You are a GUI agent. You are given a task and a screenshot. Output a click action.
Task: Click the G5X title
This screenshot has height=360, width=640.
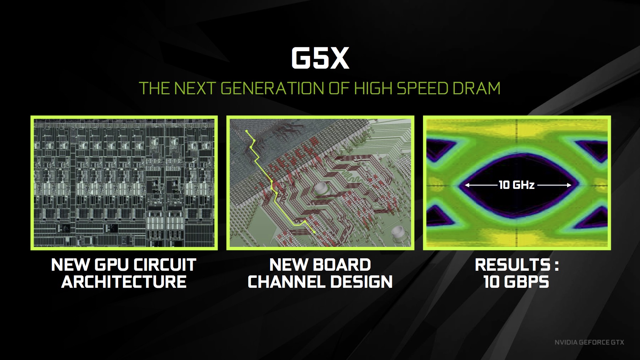320,58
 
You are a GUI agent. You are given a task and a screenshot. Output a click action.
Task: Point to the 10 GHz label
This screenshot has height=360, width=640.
516,185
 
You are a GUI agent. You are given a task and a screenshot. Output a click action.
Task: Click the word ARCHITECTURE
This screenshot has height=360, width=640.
124,282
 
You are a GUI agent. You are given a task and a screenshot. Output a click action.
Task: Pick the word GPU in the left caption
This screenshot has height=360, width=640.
112,265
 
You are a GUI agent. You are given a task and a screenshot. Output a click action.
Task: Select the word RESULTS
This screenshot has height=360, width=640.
512,265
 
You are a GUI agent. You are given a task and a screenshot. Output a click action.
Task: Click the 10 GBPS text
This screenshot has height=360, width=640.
516,282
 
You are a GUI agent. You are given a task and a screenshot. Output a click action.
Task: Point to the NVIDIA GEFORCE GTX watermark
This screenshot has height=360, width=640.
589,342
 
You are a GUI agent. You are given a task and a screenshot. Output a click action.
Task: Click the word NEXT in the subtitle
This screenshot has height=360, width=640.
194,88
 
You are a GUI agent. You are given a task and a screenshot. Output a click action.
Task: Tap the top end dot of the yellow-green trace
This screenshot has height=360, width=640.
247,131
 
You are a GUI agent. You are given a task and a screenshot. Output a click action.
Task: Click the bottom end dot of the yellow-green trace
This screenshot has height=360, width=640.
314,232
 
